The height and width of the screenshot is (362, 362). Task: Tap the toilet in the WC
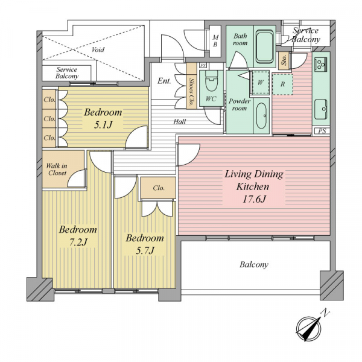click(x=211, y=81)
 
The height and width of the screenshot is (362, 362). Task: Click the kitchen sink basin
click(x=321, y=109)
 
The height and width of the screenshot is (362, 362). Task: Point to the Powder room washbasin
click(x=261, y=116)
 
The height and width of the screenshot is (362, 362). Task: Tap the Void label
click(x=98, y=49)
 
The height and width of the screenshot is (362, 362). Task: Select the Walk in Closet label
click(x=57, y=169)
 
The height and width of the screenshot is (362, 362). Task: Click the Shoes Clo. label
click(x=191, y=92)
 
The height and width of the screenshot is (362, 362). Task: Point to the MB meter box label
click(x=215, y=41)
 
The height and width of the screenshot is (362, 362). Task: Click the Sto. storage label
click(x=284, y=60)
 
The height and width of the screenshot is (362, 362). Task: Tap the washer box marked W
click(x=261, y=83)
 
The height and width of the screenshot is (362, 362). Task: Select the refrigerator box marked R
click(x=282, y=84)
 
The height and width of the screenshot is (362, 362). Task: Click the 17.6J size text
click(x=254, y=198)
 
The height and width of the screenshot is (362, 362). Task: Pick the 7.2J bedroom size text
click(x=78, y=242)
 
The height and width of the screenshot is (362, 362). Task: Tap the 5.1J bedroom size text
click(x=103, y=125)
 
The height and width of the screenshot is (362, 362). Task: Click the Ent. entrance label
click(x=164, y=81)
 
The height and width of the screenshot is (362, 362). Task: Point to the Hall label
click(x=180, y=121)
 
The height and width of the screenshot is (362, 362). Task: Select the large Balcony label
click(x=254, y=265)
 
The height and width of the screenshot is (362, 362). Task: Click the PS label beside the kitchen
click(x=322, y=131)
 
